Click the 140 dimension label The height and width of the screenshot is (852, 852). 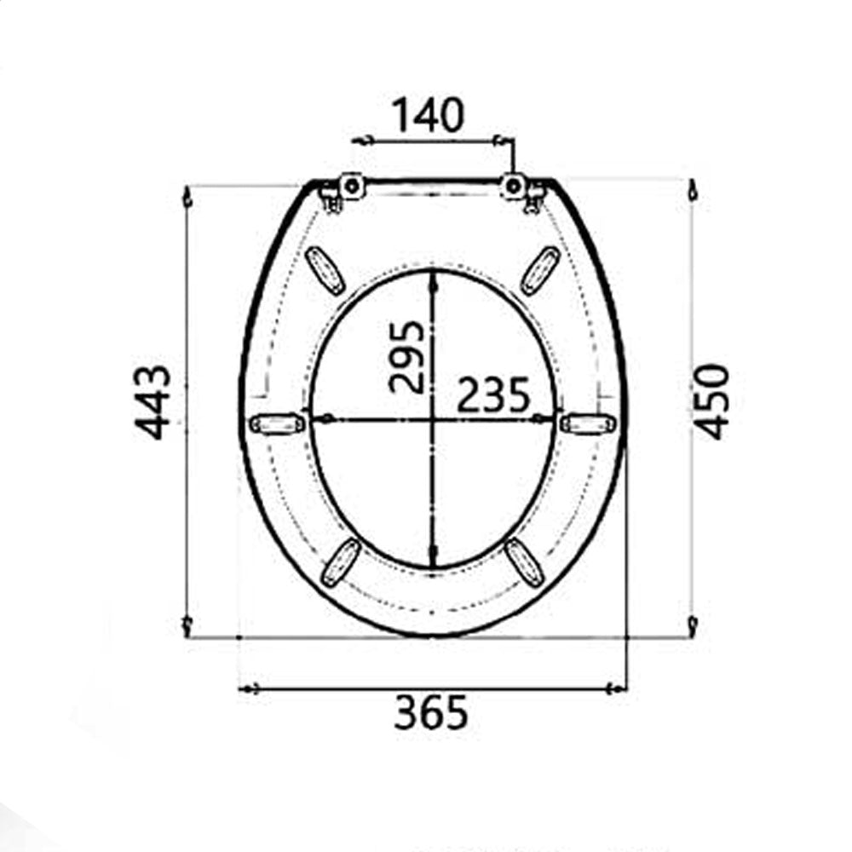point(429,115)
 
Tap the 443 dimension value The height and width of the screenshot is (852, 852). point(153,403)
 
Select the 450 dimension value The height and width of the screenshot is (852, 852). point(711,401)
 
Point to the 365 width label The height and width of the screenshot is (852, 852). point(430,712)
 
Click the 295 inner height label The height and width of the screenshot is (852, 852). point(407,357)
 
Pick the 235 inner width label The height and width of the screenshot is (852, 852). point(492,395)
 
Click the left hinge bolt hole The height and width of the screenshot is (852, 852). point(352,187)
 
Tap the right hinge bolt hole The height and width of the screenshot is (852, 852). point(513,186)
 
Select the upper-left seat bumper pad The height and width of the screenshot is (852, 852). point(325,271)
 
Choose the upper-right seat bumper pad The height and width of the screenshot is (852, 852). point(540,271)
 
